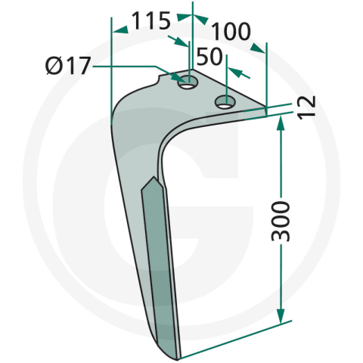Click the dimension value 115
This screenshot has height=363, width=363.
click(151, 21)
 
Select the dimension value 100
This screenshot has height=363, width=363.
click(231, 33)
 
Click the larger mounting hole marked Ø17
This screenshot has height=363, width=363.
click(187, 82)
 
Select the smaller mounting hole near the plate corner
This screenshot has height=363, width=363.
click(224, 101)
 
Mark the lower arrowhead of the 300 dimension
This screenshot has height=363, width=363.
click(281, 318)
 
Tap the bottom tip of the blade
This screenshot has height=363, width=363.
click(175, 355)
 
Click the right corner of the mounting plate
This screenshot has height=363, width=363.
click(266, 108)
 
